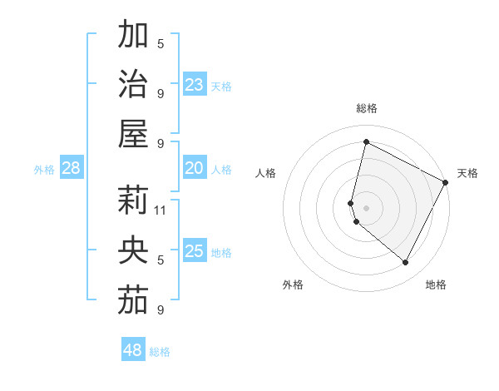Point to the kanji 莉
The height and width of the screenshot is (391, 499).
[x=133, y=200]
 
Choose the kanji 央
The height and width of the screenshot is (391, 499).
[x=133, y=249]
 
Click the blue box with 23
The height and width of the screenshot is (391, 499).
[x=194, y=85]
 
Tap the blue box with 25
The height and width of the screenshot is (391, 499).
[x=194, y=251]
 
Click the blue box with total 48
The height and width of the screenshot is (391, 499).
[x=132, y=350]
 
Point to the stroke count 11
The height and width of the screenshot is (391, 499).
[x=161, y=210]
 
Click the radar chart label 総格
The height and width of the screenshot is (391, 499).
[x=366, y=108]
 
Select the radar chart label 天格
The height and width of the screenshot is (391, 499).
[x=467, y=173]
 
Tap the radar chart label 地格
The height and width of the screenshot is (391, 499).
[x=436, y=285]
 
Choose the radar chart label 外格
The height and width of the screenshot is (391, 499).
[x=293, y=285]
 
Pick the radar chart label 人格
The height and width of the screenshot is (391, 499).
[x=265, y=173]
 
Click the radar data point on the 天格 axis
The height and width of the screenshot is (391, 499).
[x=446, y=182]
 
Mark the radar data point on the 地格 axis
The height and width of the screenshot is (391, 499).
[x=406, y=263]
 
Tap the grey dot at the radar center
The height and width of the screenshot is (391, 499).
[x=366, y=207]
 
